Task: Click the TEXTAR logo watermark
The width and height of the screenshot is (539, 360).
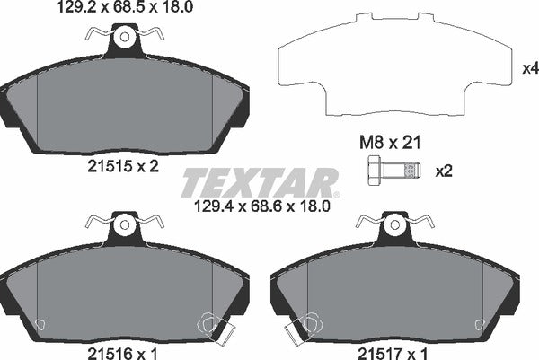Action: click(261, 182)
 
